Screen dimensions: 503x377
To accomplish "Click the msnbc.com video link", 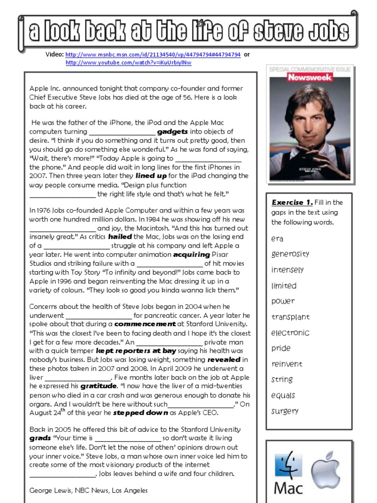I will pyautogui.click(x=153, y=55).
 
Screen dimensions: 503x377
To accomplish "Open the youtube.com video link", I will pyautogui.click(x=128, y=63).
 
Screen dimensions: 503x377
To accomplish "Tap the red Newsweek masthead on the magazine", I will pyautogui.click(x=310, y=77).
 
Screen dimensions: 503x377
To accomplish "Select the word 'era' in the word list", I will pyautogui.click(x=277, y=239).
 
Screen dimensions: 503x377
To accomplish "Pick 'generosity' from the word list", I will pyautogui.click(x=290, y=254).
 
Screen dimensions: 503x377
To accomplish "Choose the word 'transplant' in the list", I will pyautogui.click(x=291, y=317).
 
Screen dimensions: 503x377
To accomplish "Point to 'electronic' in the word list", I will pyautogui.click(x=290, y=333).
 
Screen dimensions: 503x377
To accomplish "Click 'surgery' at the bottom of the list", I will pyautogui.click(x=285, y=411).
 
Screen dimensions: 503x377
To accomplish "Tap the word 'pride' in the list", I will pyautogui.click(x=281, y=348).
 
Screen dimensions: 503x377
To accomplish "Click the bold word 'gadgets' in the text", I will pyautogui.click(x=172, y=132).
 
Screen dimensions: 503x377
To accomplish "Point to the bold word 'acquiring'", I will pyautogui.click(x=191, y=254).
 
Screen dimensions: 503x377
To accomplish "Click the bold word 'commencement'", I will pyautogui.click(x=145, y=325).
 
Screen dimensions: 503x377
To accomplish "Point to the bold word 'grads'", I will pyautogui.click(x=40, y=438).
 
